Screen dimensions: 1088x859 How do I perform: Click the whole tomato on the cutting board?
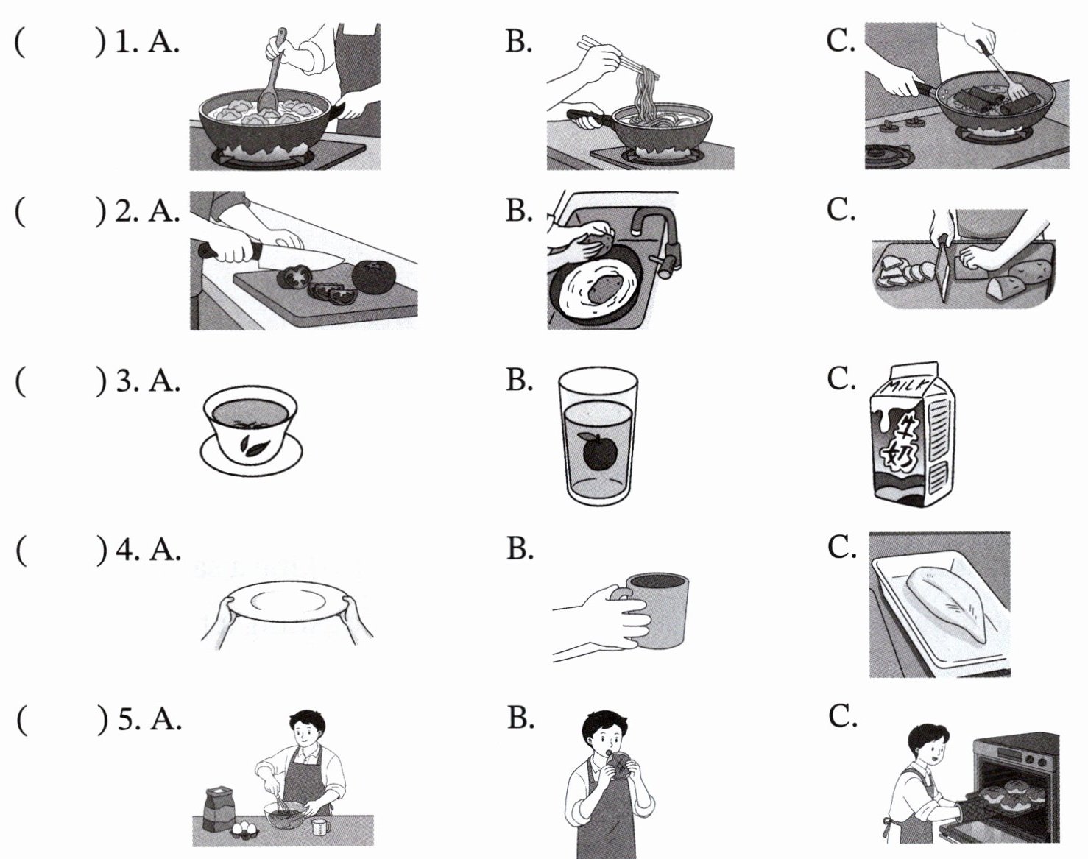coord(374,277)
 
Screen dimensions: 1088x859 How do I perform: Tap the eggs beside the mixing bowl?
coord(245,827)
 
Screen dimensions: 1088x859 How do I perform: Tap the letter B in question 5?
coord(520,718)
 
